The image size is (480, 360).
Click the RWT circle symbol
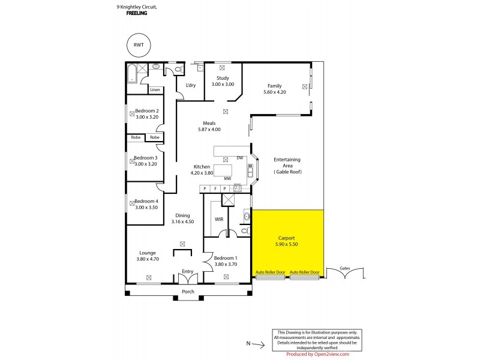[139, 45]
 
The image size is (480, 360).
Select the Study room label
[223, 78]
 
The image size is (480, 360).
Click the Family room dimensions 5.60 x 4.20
[275, 92]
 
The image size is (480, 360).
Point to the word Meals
[209, 123]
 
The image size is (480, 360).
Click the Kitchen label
[202, 166]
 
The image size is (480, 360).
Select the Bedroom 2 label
[146, 110]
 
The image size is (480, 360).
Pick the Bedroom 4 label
[146, 201]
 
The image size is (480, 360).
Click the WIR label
[219, 219]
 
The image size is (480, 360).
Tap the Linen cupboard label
[155, 90]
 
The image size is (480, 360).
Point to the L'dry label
[191, 85]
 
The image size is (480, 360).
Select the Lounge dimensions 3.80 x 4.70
[148, 259]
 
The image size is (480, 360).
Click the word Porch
[188, 293]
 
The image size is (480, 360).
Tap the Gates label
[344, 268]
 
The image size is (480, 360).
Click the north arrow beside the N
[258, 344]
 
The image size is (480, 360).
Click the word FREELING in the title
[137, 13]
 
